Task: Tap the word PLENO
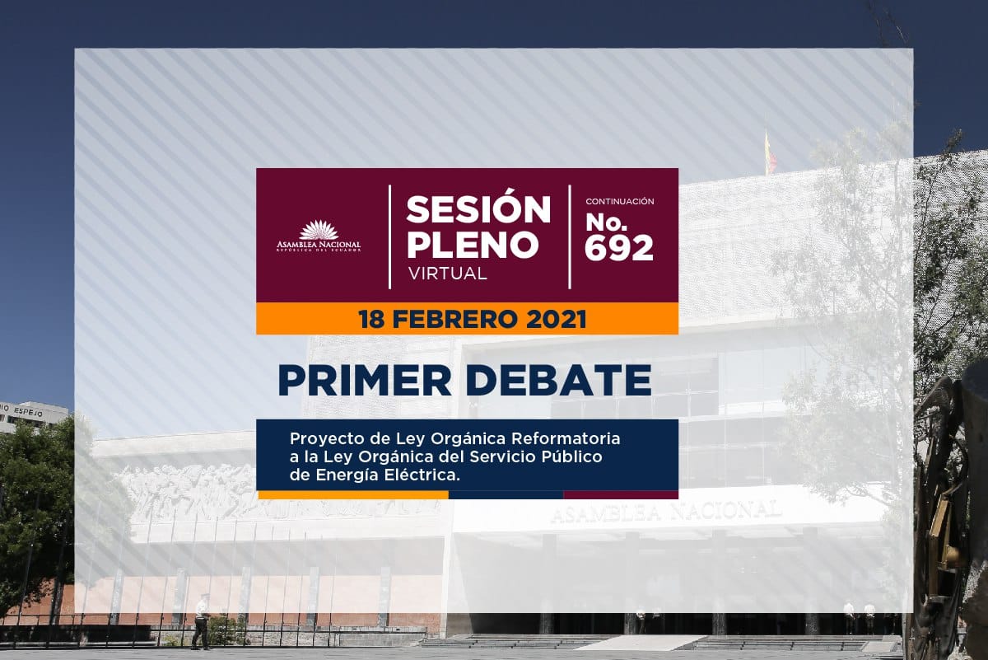click(x=473, y=245)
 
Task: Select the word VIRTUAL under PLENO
click(x=448, y=274)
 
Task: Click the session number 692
click(x=619, y=248)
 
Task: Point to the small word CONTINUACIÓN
click(x=620, y=202)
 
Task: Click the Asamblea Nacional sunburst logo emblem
click(x=319, y=230)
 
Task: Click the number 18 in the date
click(x=371, y=319)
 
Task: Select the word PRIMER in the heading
click(x=365, y=381)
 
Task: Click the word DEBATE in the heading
click(x=558, y=381)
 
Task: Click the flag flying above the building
click(x=770, y=153)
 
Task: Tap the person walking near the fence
click(x=201, y=621)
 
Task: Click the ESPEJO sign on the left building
click(x=28, y=412)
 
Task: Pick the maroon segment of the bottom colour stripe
click(x=621, y=495)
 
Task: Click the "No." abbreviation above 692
click(x=606, y=222)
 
